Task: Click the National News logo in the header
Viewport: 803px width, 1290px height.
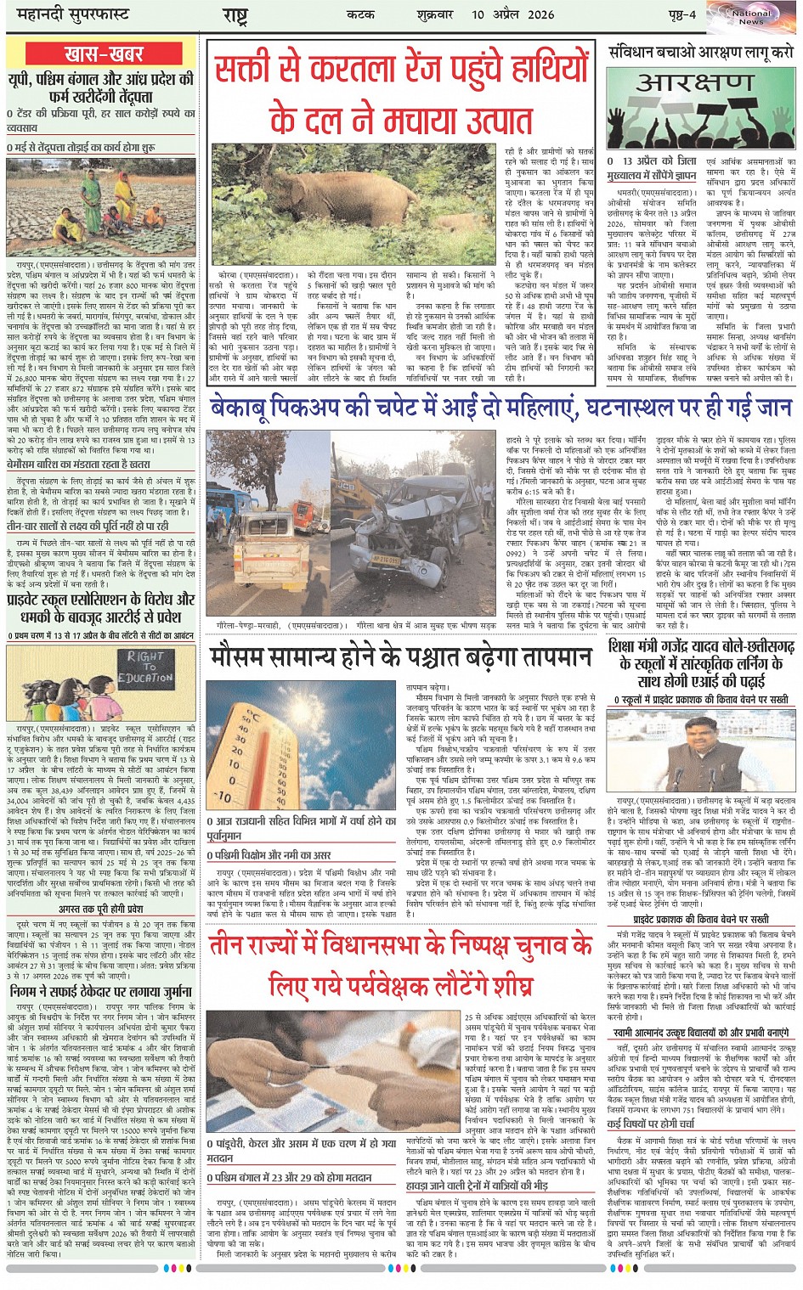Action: (751, 16)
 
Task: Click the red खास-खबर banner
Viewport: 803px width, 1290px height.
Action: (103, 54)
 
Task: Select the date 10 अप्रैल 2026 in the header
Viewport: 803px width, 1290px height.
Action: (513, 14)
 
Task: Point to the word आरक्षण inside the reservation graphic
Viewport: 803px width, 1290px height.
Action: (694, 82)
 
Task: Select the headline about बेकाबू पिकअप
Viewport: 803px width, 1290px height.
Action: (500, 409)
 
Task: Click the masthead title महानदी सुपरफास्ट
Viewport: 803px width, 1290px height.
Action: (69, 14)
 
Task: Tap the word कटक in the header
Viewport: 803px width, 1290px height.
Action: (360, 14)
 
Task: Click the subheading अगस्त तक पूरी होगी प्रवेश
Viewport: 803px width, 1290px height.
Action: (101, 909)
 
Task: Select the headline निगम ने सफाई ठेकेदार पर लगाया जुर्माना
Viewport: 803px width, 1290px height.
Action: (101, 990)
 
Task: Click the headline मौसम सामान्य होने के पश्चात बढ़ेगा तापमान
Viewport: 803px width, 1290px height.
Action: (400, 656)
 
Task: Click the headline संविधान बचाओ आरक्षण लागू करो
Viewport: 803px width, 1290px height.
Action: (702, 52)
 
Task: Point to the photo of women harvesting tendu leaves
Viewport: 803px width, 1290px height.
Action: (101, 206)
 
